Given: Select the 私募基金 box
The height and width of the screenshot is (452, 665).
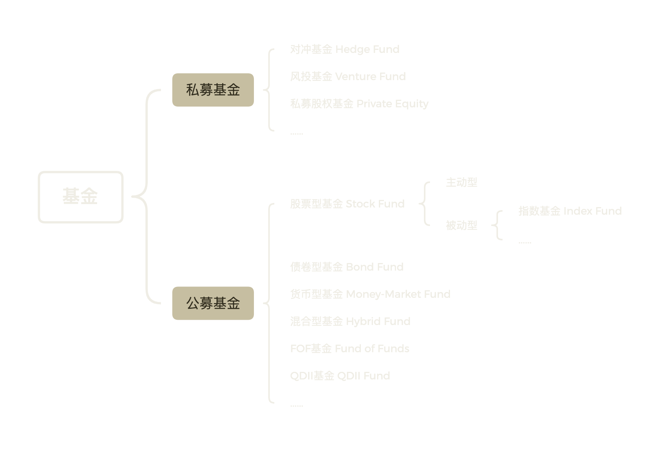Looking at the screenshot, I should (x=213, y=90).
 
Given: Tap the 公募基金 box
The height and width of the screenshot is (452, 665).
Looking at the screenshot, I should (x=213, y=303).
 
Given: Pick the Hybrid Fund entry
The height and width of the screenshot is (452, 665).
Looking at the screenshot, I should (x=350, y=322).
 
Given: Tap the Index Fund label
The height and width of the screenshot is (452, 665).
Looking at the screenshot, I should (x=570, y=211).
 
